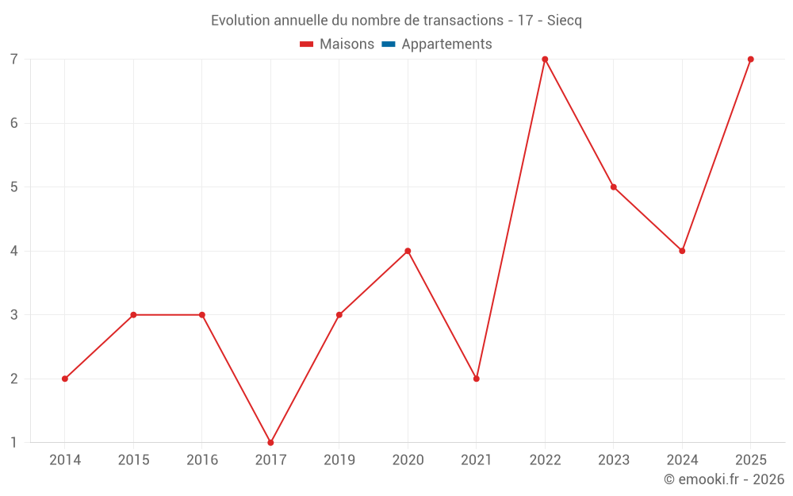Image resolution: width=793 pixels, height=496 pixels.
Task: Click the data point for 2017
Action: [270, 443]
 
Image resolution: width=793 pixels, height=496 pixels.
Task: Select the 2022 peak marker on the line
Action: [546, 60]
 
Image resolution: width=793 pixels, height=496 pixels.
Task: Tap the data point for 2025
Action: [751, 60]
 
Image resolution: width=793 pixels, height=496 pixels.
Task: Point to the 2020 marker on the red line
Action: [408, 251]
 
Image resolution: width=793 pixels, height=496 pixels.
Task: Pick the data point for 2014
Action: [65, 379]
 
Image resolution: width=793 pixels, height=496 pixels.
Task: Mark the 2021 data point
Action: [477, 379]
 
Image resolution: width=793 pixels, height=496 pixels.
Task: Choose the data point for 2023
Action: [614, 186]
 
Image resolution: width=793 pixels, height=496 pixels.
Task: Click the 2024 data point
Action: [682, 251]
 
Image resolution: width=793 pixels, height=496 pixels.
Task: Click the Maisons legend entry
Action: [337, 44]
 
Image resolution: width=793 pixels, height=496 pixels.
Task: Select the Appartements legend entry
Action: [437, 44]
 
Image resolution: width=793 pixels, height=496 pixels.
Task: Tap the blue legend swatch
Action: [389, 44]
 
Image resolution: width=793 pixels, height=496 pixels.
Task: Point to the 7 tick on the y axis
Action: [14, 60]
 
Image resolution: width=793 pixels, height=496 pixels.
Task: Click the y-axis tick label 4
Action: [14, 251]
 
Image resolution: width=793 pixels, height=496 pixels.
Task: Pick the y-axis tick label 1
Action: [14, 443]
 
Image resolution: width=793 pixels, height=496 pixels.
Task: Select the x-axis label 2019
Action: [339, 459]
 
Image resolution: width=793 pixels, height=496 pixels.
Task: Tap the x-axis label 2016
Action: [202, 459]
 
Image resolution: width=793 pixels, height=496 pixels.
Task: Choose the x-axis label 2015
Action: [133, 459]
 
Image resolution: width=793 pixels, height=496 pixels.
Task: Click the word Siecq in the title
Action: [565, 21]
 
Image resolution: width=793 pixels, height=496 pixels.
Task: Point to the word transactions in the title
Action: [463, 21]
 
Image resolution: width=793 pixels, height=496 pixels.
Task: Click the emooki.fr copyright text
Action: [724, 479]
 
